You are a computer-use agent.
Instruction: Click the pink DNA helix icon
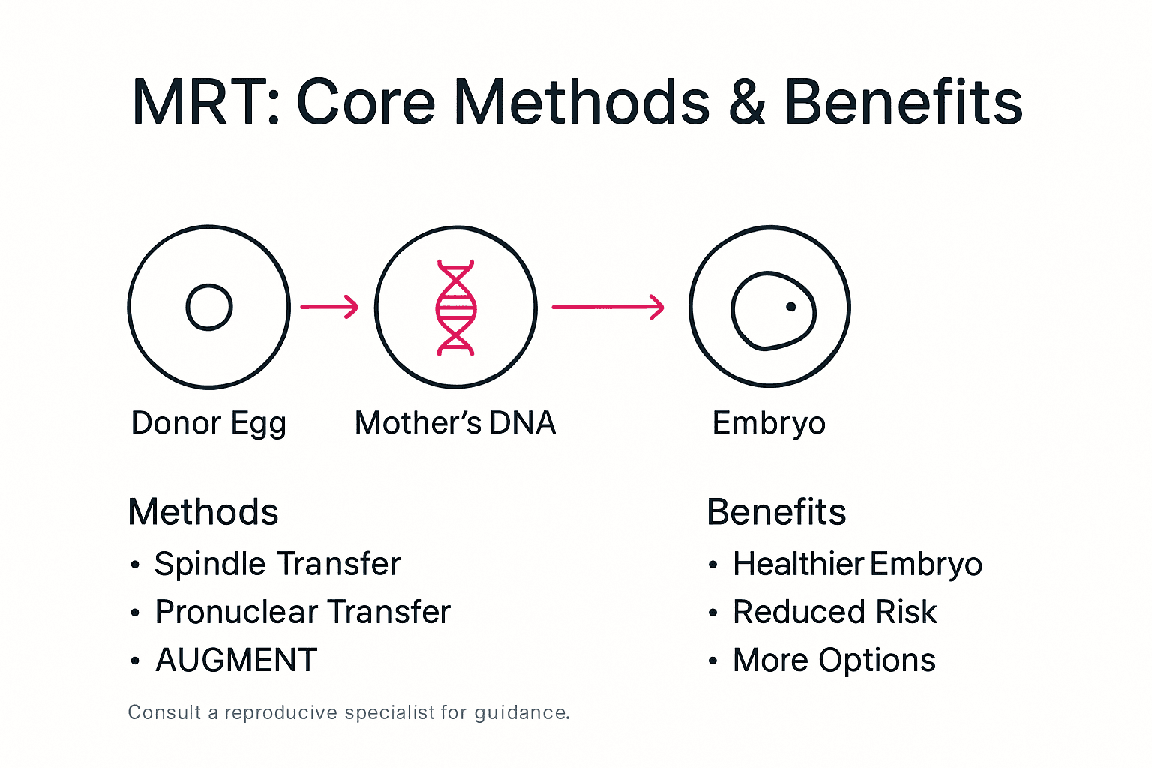tap(455, 307)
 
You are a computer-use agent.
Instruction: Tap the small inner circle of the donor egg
tap(209, 307)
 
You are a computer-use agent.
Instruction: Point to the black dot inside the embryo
tap(790, 306)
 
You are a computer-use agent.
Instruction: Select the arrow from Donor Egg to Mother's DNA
tap(329, 307)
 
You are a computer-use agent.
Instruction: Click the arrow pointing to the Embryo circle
tap(607, 307)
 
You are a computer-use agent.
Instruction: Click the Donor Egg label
tap(208, 423)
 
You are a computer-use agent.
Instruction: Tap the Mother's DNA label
tap(455, 423)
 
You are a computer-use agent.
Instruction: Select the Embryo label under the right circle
tap(769, 423)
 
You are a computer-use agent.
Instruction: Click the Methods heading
tap(203, 512)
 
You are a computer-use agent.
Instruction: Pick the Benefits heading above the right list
tap(776, 512)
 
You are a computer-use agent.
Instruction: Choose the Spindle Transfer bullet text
tap(277, 564)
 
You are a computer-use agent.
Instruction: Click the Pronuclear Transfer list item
tap(302, 612)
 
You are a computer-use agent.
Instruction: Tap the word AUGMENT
tap(236, 661)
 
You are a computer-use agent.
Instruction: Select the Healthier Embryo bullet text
tap(857, 564)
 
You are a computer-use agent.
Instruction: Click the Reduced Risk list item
tap(835, 612)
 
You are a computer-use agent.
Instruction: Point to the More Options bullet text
tap(834, 661)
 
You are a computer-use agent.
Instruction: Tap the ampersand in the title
tap(746, 103)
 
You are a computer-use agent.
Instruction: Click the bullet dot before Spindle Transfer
tap(135, 565)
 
